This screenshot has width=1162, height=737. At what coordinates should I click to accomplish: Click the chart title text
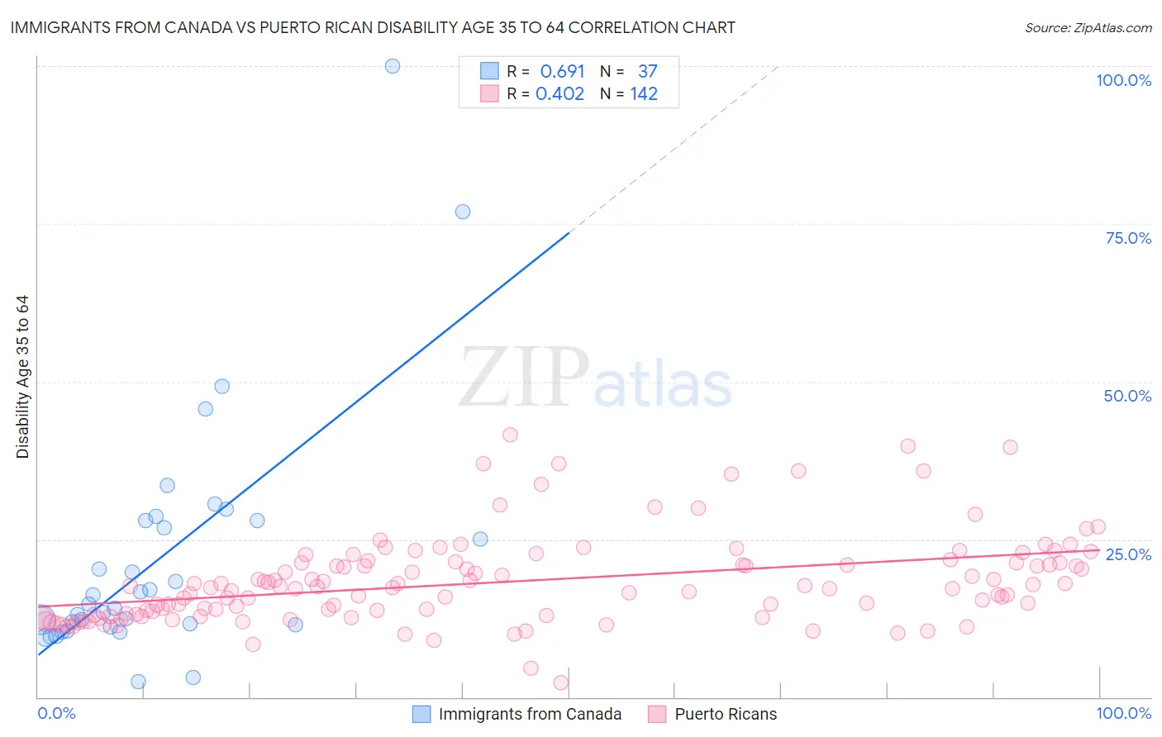click(373, 27)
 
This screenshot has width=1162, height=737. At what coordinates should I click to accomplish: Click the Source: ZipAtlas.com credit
click(1088, 27)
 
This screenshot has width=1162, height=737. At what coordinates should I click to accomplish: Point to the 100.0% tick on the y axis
click(1123, 80)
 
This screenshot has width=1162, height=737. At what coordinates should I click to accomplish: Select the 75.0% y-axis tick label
click(1128, 238)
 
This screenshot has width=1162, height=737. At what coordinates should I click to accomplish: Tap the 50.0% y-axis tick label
click(1127, 396)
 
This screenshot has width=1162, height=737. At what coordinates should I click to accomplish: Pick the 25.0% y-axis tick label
click(1128, 554)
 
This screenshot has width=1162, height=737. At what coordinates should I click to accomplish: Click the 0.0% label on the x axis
click(56, 713)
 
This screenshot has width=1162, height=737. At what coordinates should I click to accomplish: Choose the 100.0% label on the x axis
click(1123, 713)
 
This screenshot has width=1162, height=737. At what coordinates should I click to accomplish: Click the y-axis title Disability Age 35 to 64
click(22, 377)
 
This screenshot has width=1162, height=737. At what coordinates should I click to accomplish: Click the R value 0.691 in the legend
click(562, 72)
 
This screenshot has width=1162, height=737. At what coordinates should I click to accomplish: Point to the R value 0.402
click(560, 94)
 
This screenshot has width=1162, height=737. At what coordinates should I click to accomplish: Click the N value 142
click(644, 94)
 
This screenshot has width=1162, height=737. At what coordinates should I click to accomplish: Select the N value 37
click(647, 72)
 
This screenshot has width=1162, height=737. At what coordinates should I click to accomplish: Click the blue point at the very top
click(393, 66)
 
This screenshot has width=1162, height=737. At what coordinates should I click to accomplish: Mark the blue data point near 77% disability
click(463, 212)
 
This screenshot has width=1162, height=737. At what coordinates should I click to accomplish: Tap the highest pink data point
click(510, 435)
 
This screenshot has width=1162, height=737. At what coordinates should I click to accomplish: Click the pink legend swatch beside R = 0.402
click(489, 94)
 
